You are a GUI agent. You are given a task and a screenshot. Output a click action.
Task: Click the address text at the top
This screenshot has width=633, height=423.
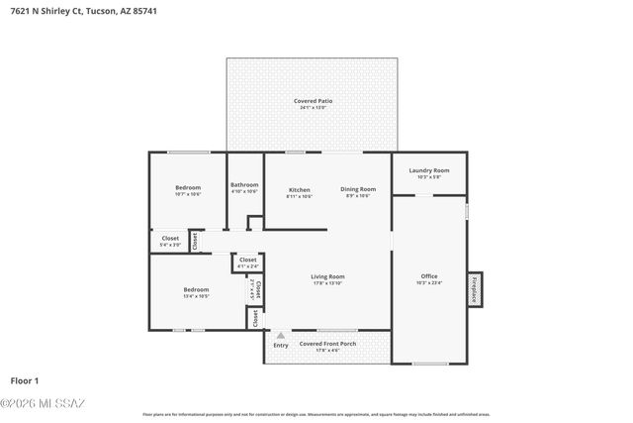click(x=84, y=11)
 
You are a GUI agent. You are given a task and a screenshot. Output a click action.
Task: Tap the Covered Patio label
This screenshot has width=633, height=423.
click(x=313, y=101)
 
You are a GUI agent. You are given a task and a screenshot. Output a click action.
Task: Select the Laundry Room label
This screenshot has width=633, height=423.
click(x=429, y=170)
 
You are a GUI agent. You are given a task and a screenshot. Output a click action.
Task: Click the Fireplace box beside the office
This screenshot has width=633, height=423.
click(x=475, y=288)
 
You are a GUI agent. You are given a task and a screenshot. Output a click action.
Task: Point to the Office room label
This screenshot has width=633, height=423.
click(x=429, y=276)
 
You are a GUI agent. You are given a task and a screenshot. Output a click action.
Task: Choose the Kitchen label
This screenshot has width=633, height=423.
click(x=299, y=189)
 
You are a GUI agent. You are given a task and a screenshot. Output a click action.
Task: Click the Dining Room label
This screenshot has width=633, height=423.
click(x=358, y=189)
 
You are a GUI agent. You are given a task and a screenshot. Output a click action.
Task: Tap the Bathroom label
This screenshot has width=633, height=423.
click(x=244, y=184)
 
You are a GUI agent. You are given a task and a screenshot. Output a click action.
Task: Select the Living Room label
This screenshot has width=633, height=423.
click(x=327, y=276)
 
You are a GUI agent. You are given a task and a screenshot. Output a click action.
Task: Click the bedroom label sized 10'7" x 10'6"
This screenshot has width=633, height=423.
click(x=188, y=187)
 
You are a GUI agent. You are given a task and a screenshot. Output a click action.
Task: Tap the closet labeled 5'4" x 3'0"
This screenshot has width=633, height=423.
click(x=170, y=238)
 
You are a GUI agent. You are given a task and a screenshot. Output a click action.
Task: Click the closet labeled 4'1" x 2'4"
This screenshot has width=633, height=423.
click(x=247, y=260)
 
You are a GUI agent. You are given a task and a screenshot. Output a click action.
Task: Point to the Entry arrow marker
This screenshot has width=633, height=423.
click(x=281, y=336)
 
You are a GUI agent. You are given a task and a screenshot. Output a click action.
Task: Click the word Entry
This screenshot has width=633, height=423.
click(x=281, y=345)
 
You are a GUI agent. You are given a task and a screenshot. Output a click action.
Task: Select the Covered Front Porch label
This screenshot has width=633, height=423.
click(x=327, y=343)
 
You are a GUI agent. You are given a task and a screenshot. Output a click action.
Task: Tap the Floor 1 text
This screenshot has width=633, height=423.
click(x=25, y=380)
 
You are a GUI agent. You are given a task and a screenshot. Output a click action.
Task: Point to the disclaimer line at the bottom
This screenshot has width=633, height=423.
click(x=316, y=414)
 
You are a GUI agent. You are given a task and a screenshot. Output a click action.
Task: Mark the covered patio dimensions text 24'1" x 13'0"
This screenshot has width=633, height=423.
click(x=313, y=107)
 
